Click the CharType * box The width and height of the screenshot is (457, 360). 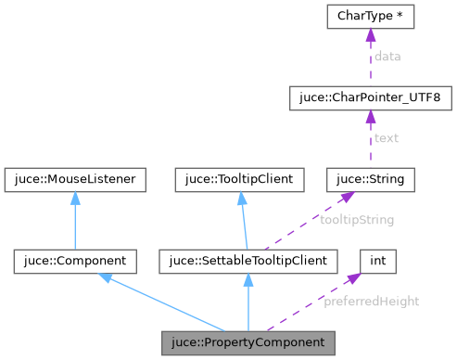[370, 16]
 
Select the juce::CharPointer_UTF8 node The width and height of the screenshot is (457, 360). [370, 97]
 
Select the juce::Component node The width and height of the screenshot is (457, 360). [76, 261]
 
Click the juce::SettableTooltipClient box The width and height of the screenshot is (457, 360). [248, 261]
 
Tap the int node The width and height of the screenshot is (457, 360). [377, 261]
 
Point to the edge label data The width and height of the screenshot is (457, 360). [387, 57]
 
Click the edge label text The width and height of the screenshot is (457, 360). [386, 138]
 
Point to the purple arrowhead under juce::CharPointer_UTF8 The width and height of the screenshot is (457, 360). [370, 117]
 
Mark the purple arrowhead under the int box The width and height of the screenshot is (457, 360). [353, 279]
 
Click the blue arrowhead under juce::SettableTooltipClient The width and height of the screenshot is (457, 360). [248, 280]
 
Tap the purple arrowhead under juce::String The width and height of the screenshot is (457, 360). [347, 197]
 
